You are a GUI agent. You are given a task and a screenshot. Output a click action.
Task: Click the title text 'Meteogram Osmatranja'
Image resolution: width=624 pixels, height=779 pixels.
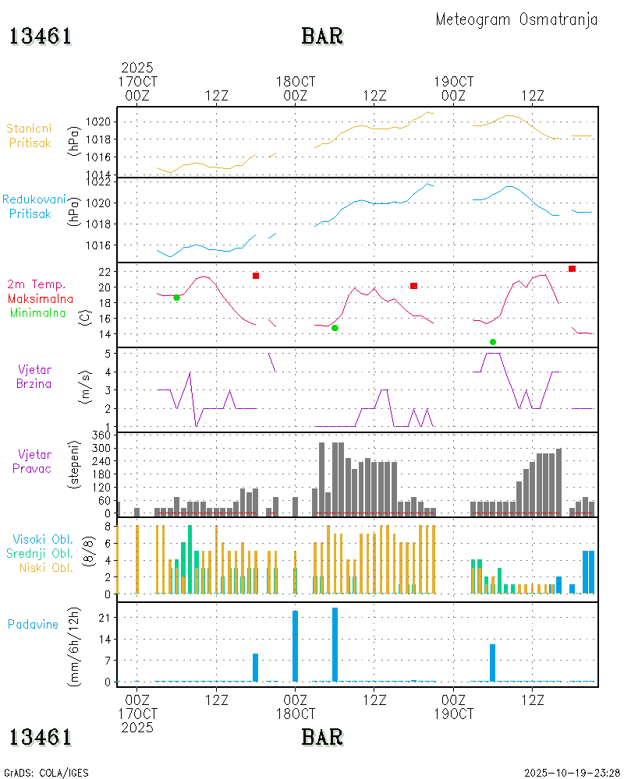[516, 20]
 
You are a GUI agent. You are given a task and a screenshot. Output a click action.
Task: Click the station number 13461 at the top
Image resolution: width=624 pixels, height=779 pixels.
[41, 37]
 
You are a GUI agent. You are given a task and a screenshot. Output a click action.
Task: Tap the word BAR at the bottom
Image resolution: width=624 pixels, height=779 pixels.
[322, 737]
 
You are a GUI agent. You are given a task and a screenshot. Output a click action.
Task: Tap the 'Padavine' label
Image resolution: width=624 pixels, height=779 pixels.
[34, 624]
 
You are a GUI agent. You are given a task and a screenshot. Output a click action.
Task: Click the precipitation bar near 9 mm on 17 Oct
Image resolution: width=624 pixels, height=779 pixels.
[255, 668]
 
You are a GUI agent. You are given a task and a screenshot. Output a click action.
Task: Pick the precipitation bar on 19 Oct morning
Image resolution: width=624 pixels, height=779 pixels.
[492, 663]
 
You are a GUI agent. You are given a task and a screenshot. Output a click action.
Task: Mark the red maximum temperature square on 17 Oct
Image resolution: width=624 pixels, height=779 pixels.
[255, 276]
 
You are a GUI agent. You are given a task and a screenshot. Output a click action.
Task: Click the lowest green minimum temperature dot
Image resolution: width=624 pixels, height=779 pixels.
[493, 342]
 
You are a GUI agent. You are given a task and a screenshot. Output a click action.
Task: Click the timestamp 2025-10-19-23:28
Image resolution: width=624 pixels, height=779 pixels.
[571, 773]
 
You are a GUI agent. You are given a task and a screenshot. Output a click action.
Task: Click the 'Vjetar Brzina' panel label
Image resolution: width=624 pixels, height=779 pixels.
[35, 376]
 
